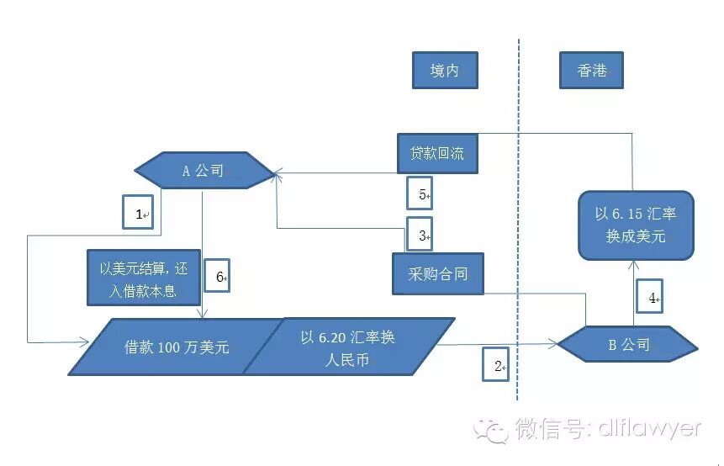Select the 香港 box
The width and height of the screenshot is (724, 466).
[593, 70]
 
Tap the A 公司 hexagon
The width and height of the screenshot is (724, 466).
[203, 172]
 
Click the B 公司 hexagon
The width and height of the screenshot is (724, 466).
[627, 344]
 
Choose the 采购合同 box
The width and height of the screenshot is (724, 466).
[438, 273]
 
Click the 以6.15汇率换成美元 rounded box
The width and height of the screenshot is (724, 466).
[636, 225]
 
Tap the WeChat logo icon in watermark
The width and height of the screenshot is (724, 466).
[490, 429]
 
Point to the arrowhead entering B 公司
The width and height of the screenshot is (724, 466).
[552, 344]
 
